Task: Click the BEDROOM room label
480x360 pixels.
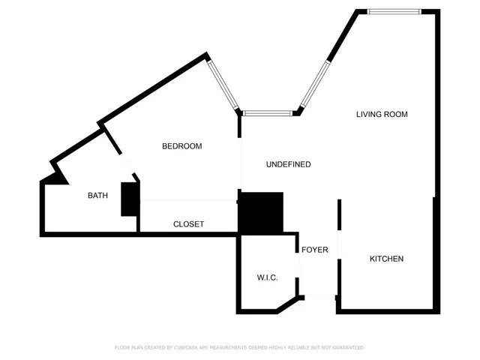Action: coord(182,146)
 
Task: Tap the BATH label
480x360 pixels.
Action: coord(97,196)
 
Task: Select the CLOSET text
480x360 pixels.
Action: coord(188,224)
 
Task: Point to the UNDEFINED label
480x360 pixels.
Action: coord(288,164)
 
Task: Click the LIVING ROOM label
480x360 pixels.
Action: coord(382,114)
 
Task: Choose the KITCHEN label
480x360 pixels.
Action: coord(386,259)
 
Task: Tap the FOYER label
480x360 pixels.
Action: coord(314,250)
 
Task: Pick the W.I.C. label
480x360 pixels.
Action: coord(268,277)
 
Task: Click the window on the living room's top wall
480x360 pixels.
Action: coord(394,10)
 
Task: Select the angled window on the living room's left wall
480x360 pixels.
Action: coord(316,83)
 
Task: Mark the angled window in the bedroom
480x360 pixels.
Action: coord(223,84)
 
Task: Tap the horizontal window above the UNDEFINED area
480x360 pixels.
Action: coord(268,113)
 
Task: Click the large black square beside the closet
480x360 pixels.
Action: coord(260,212)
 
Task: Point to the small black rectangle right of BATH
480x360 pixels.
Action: coord(130,199)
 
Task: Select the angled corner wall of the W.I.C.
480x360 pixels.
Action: coord(288,304)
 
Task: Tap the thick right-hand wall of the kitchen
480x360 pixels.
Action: coord(436,255)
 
